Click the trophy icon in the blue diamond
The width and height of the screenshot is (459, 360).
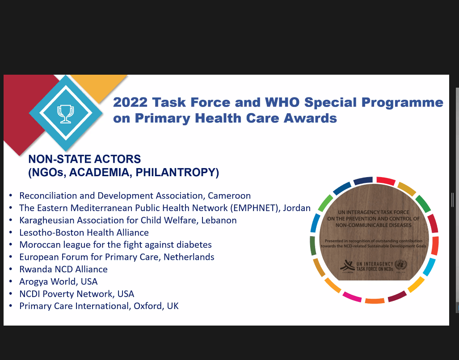65,113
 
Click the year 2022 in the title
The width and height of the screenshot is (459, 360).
130,102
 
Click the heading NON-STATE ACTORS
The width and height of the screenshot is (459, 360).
84,159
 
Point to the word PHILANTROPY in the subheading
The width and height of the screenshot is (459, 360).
182,173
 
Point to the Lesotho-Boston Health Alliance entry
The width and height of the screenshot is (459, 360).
84,233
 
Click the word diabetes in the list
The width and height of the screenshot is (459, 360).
192,245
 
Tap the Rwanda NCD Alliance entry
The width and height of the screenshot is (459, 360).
63,269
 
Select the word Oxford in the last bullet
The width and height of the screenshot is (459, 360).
148,306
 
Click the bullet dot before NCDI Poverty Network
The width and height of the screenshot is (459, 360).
11,294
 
